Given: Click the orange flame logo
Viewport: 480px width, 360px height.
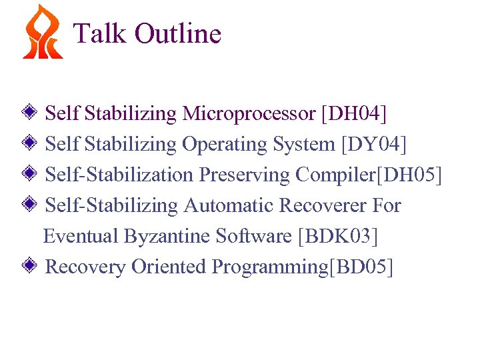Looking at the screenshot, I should (x=41, y=33).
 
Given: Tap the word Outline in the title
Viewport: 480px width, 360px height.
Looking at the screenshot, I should (x=177, y=33).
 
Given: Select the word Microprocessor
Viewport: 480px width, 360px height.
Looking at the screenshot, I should (x=248, y=114).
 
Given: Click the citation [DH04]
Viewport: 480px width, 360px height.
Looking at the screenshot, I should (x=353, y=114).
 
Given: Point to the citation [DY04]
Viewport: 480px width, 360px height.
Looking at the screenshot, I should (x=373, y=145).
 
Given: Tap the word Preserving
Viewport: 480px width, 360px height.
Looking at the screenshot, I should (x=245, y=175).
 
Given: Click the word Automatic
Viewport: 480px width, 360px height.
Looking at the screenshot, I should (x=229, y=205).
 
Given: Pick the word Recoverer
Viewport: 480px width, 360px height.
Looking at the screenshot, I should (x=322, y=205).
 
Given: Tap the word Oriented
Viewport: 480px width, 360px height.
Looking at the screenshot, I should (x=169, y=267).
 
